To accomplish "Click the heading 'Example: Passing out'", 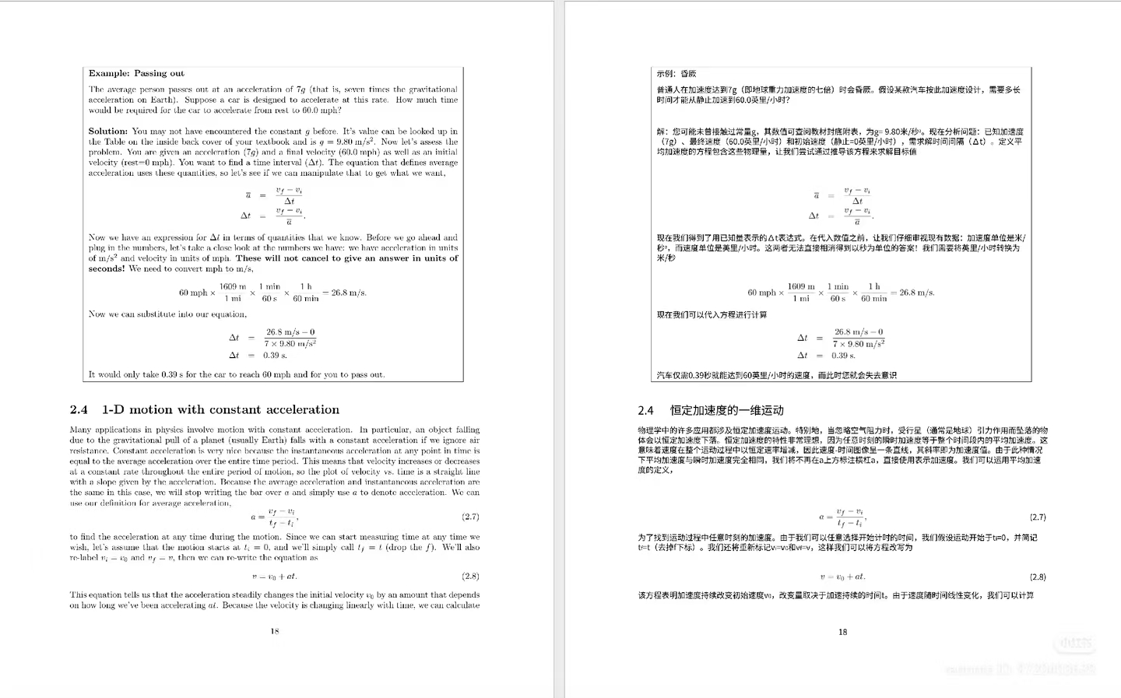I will [136, 74].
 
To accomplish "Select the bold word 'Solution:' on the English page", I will [108, 132].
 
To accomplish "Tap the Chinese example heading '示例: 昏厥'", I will [676, 74].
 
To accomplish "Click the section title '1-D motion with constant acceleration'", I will [220, 410].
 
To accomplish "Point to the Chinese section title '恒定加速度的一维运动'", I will [726, 410].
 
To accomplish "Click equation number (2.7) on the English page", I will [470, 517].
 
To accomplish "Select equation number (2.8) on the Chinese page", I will [1038, 577].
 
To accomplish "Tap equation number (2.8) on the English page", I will [470, 577].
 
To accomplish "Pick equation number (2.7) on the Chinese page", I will [1038, 517].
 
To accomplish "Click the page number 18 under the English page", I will [275, 631].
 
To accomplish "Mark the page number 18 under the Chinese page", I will [842, 632].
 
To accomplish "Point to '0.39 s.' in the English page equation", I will [275, 356].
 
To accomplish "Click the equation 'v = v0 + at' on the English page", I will [275, 577].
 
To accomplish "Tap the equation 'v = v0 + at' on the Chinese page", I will [842, 577].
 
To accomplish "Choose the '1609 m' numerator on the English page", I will [233, 286].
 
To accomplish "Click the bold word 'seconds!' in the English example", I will [107, 269].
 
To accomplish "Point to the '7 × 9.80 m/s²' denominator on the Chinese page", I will [859, 344].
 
